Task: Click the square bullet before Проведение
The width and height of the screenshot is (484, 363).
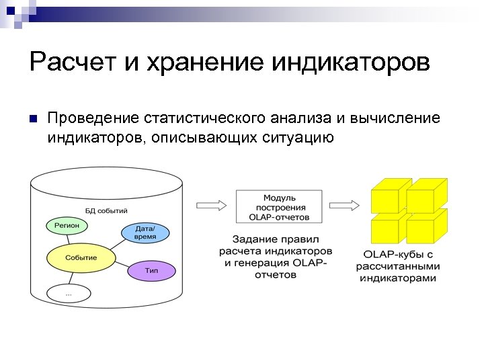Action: click(32, 120)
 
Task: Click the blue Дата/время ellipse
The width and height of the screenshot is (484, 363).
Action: click(145, 233)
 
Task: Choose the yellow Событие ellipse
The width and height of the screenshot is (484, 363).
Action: click(81, 257)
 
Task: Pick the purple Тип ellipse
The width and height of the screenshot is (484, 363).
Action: click(151, 270)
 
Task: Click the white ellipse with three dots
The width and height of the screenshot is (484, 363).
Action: click(69, 293)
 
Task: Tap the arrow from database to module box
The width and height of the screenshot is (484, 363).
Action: click(211, 205)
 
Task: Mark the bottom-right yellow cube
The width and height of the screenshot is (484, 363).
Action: click(426, 228)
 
